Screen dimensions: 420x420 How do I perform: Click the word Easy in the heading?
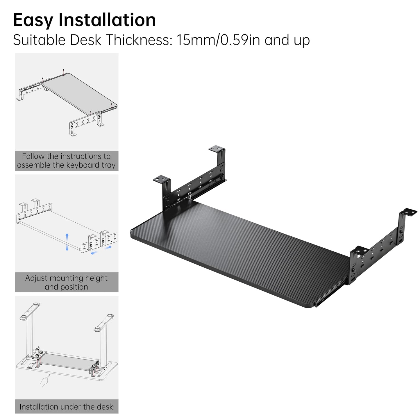(x=33, y=20)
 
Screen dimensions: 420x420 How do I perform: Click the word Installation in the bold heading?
(x=107, y=19)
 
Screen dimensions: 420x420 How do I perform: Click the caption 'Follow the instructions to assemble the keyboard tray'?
(x=67, y=161)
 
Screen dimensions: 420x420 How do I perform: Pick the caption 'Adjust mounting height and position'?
(x=67, y=283)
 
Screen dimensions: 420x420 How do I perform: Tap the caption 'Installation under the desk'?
(x=66, y=407)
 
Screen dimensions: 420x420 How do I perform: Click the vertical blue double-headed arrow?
(x=67, y=242)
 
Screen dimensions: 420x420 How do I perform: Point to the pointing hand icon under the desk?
(x=45, y=381)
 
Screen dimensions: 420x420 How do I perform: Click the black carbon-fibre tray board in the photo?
(x=237, y=251)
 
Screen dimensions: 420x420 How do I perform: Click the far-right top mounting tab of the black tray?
(x=410, y=212)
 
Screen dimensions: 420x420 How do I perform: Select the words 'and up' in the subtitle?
(x=287, y=40)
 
